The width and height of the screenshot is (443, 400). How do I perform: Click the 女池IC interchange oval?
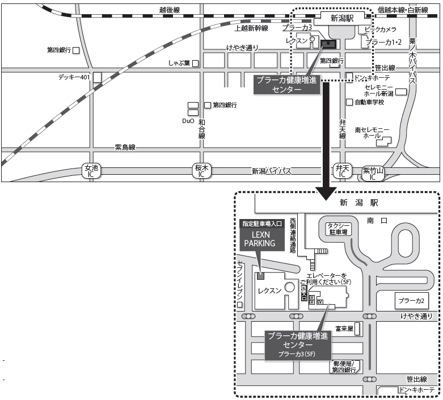[x=91, y=171]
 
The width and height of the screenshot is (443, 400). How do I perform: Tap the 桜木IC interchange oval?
[x=201, y=171]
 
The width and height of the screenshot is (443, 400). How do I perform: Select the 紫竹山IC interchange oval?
[x=373, y=173]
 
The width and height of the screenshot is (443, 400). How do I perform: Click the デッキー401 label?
[x=74, y=77]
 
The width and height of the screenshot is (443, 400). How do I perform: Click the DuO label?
[x=188, y=121]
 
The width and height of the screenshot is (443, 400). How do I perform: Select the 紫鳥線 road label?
[x=125, y=148]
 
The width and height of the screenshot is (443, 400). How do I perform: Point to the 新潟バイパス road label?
[x=272, y=171]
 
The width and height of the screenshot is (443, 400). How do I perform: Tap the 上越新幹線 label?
[x=251, y=28]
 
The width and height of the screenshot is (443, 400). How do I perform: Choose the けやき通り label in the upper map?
[x=242, y=47]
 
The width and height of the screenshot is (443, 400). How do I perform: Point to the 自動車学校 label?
[x=369, y=102]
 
